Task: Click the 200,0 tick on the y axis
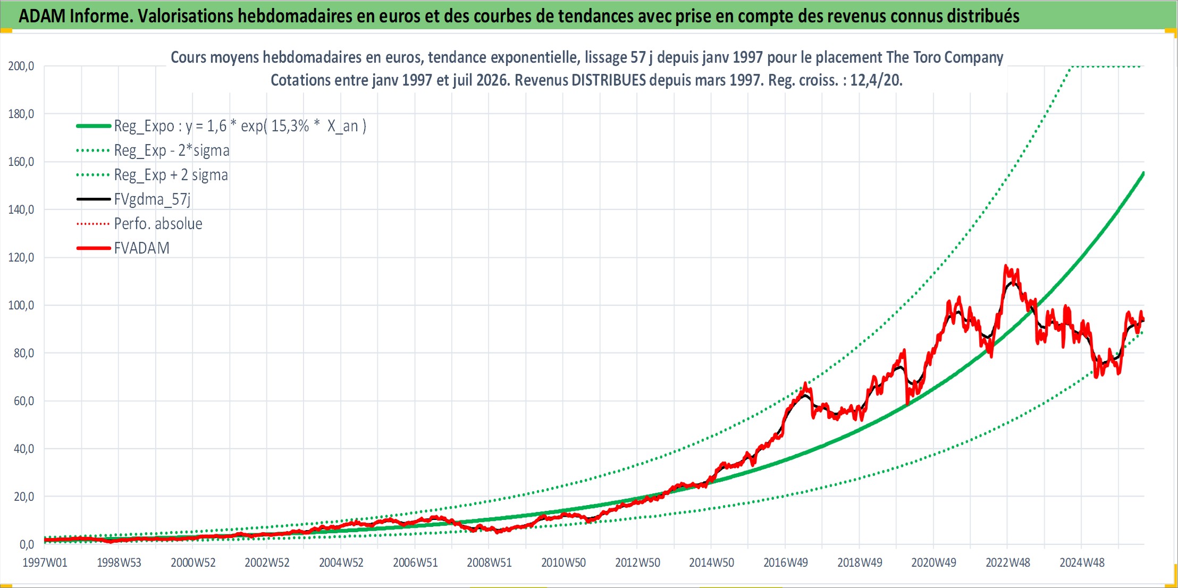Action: pos(21,66)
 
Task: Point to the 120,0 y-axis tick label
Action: pos(21,257)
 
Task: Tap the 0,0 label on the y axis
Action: pos(27,544)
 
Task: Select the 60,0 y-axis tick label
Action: pos(24,401)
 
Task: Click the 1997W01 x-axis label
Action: pos(45,562)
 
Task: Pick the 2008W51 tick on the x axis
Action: pos(489,562)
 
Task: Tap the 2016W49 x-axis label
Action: pos(786,562)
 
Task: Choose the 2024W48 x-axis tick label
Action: pos(1082,562)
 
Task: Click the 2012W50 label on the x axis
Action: pos(637,562)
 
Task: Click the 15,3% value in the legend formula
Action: pos(290,126)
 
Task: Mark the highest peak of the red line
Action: pos(1006,265)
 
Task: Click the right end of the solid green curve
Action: pos(1143,173)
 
